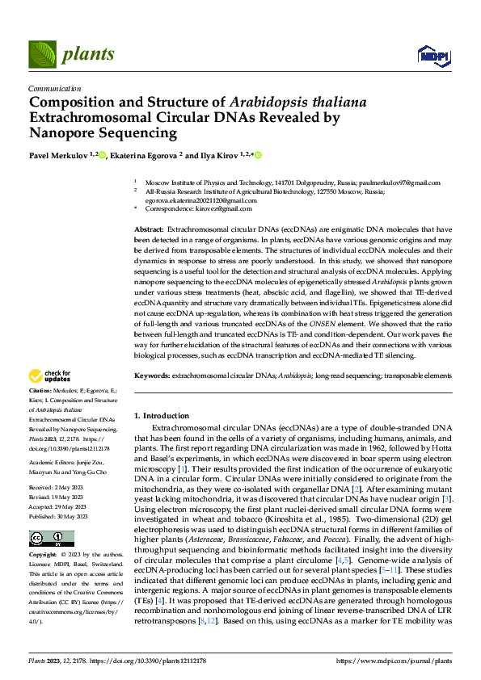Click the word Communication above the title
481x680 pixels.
[54, 89]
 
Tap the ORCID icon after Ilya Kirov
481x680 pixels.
[259, 155]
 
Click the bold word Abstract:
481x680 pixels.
[150, 231]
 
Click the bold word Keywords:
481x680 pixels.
[152, 376]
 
